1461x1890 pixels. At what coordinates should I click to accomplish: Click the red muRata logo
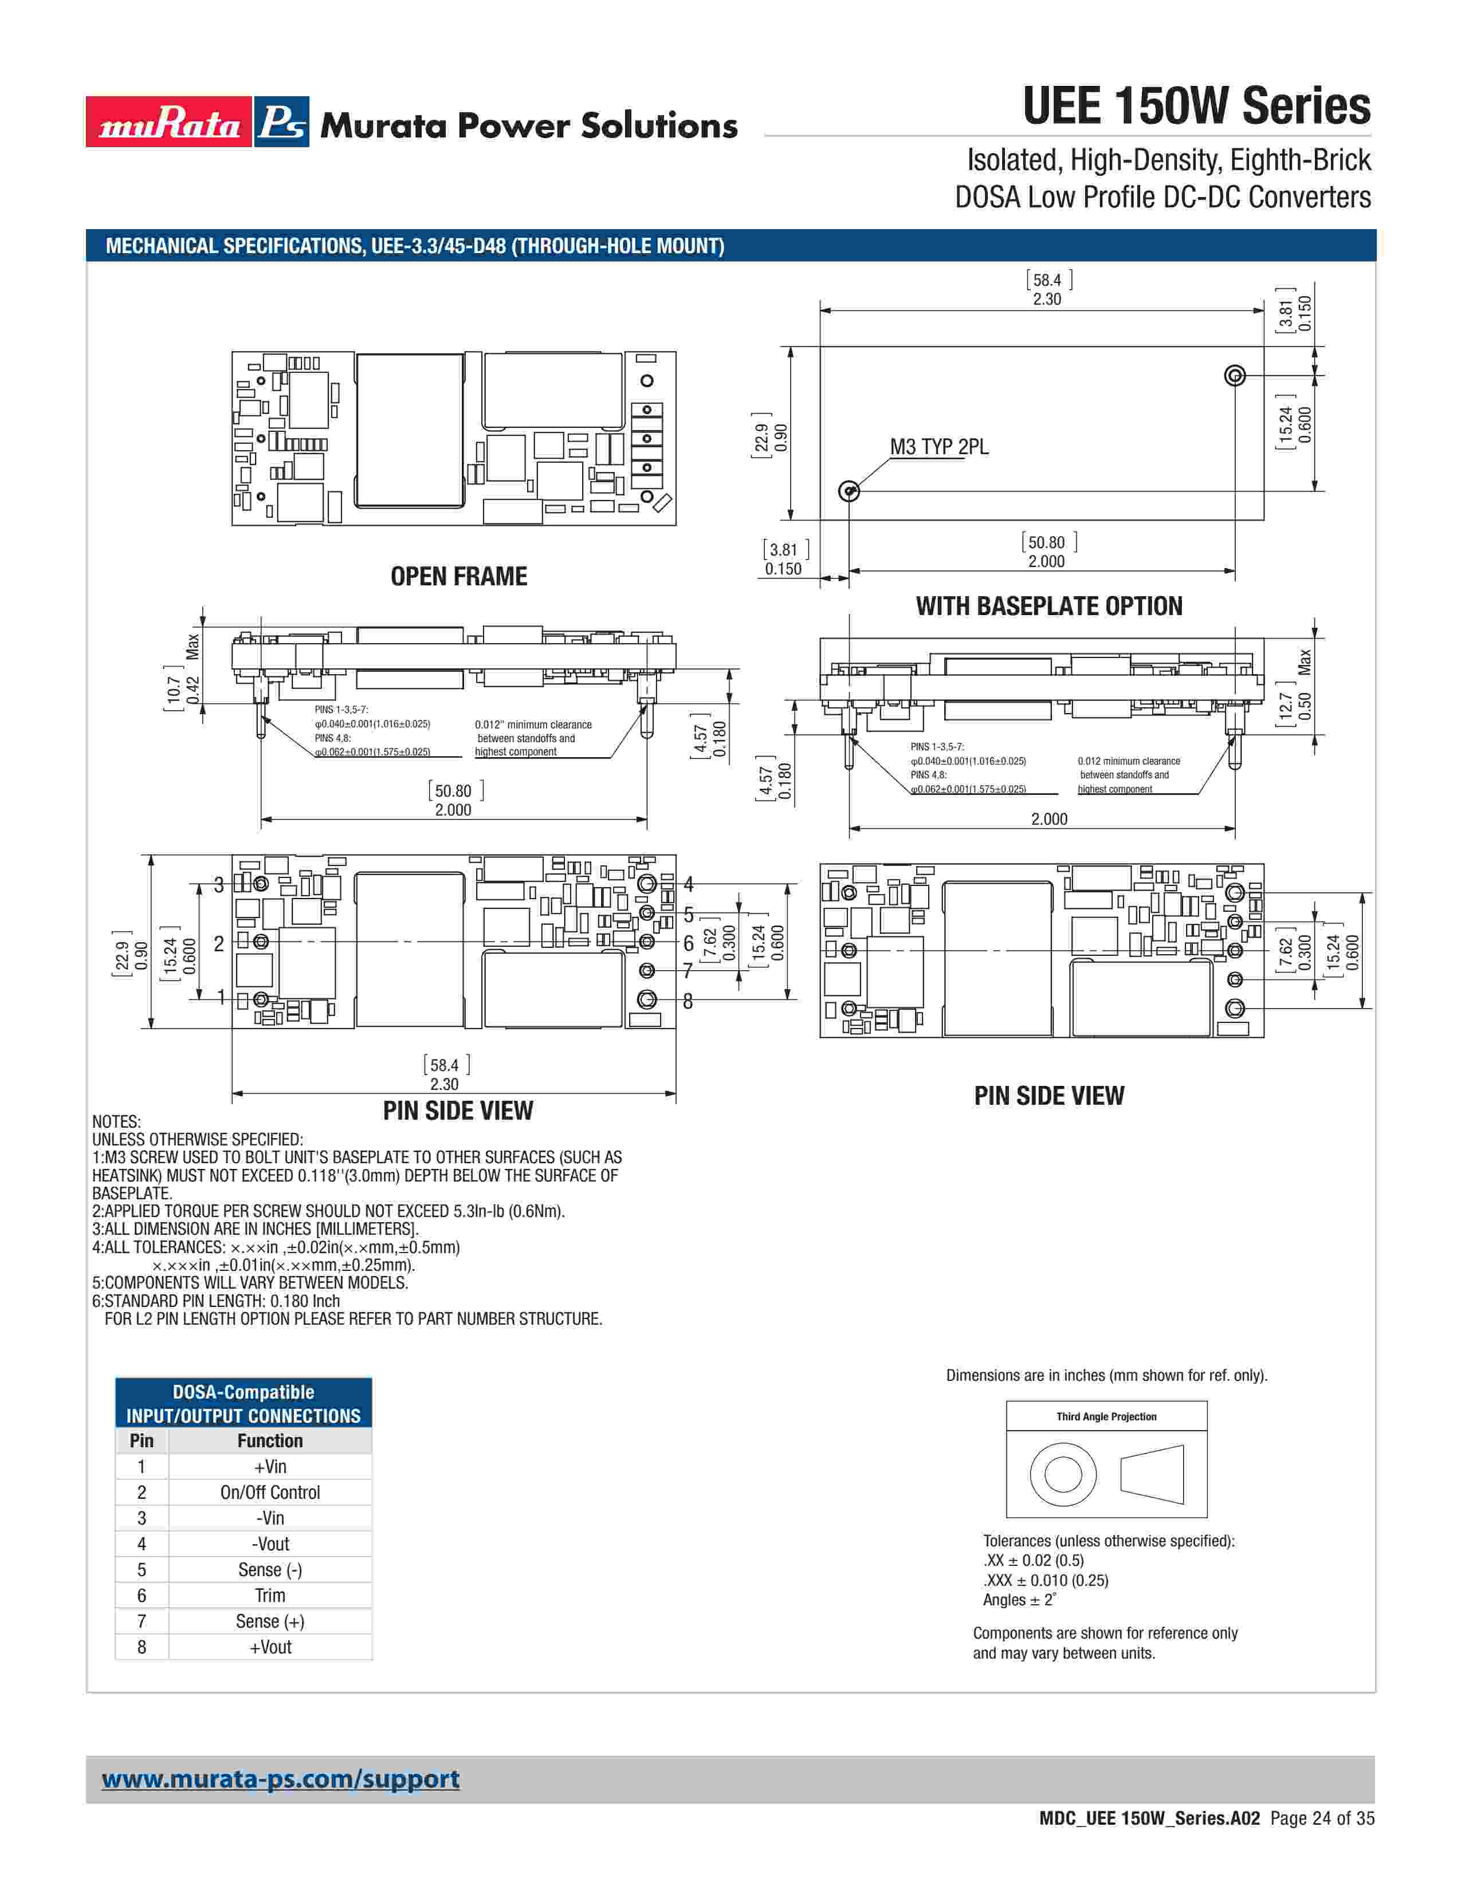pos(169,122)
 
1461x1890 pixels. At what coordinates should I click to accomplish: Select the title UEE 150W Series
pos(1196,107)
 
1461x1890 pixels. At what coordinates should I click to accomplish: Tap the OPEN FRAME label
pos(459,576)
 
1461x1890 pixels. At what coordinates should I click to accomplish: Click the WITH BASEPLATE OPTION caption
pos(1049,606)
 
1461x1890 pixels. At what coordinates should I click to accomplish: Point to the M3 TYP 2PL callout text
pos(939,447)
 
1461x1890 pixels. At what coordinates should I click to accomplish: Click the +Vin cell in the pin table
pos(270,1466)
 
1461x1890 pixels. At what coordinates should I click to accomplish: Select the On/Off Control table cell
pos(270,1492)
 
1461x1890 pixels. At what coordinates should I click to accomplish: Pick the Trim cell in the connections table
pos(270,1595)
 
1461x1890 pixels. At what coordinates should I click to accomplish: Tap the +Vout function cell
pos(270,1647)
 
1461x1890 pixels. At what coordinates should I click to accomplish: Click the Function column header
pos(270,1440)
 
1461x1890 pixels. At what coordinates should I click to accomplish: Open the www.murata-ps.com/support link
pos(280,1778)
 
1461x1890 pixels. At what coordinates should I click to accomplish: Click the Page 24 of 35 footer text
pos(1322,1818)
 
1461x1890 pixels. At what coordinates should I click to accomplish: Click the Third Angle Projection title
pos(1106,1416)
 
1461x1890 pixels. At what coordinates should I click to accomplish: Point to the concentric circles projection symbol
pos(1063,1474)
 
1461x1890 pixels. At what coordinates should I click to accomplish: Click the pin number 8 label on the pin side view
pos(688,1001)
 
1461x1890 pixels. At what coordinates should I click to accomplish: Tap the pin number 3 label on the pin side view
pos(219,884)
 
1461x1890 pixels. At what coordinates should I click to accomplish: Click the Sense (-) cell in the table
pos(270,1569)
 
